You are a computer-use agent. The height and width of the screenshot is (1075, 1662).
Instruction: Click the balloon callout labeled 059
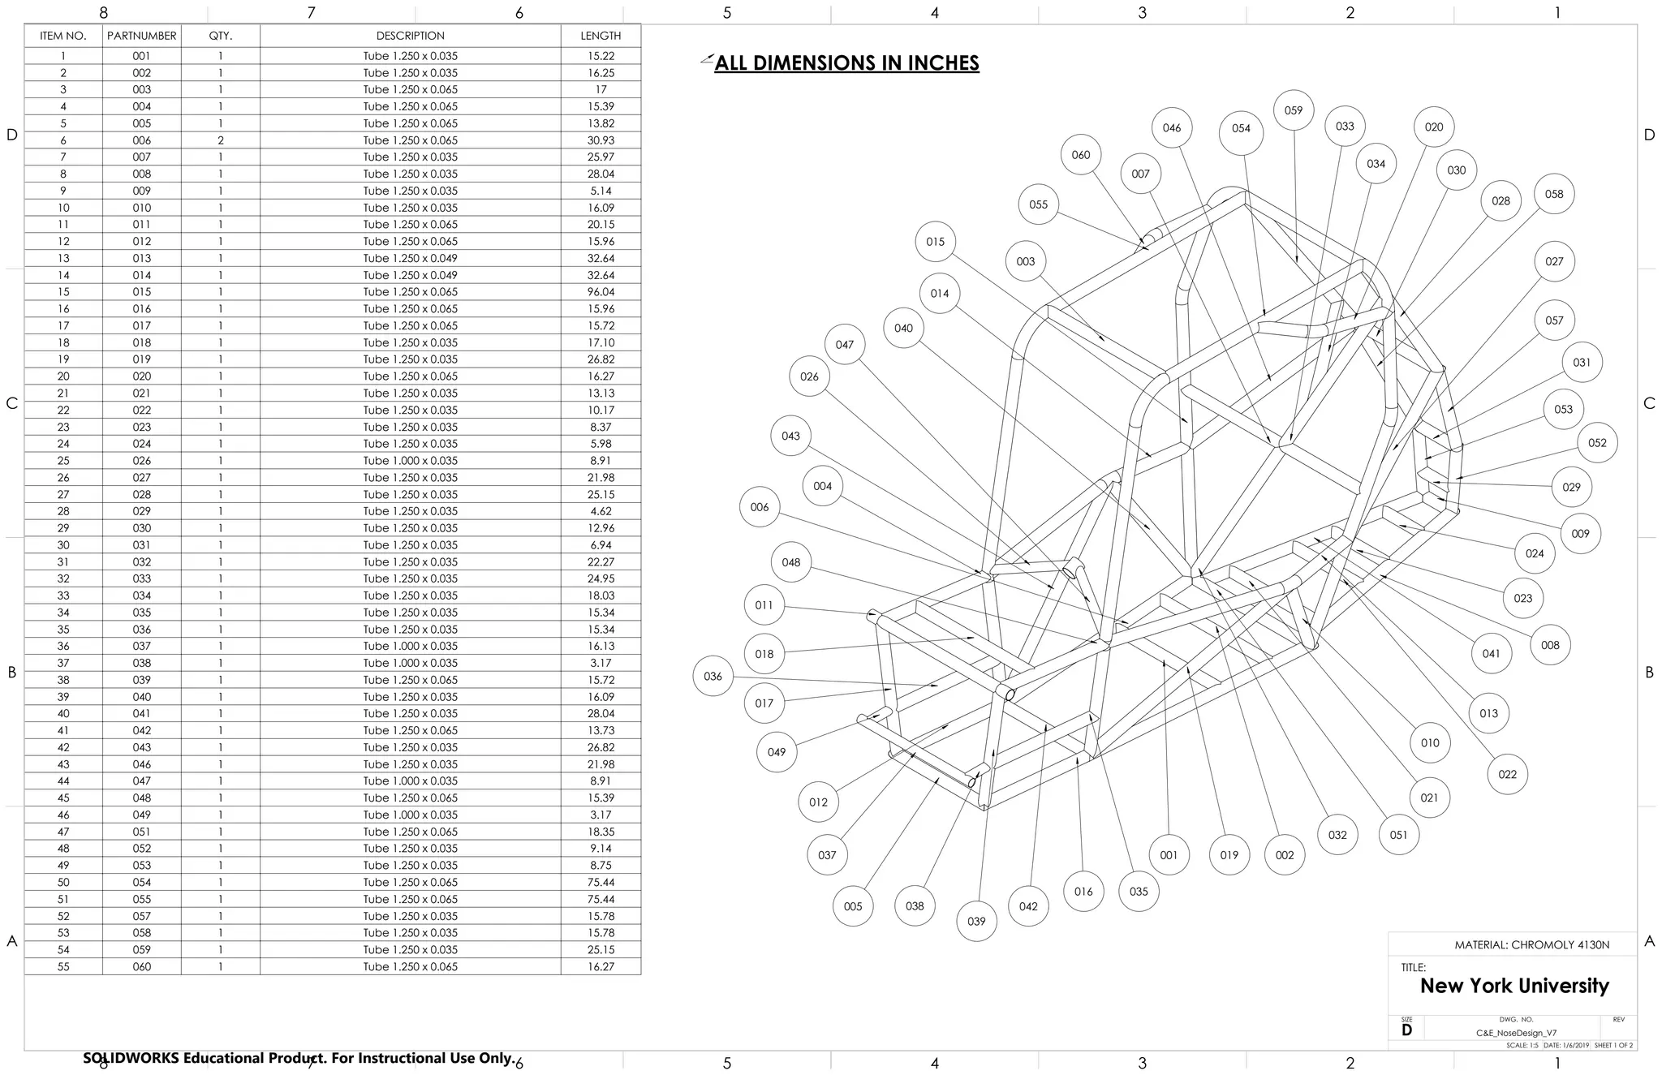pyautogui.click(x=1294, y=110)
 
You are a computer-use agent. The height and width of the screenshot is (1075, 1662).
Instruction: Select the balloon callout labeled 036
pyautogui.click(x=713, y=676)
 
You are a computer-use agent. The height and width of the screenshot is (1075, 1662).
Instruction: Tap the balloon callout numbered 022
pyautogui.click(x=1508, y=774)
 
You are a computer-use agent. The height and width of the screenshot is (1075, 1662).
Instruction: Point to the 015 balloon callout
pyautogui.click(x=936, y=241)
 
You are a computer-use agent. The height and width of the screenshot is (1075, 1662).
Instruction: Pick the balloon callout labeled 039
pyautogui.click(x=977, y=921)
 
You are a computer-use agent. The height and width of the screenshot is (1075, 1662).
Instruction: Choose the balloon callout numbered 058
pyautogui.click(x=1554, y=194)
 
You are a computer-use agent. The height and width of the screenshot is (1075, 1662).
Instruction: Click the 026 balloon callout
pyautogui.click(x=809, y=376)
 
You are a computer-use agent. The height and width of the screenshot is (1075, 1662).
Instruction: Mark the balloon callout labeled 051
pyautogui.click(x=1399, y=835)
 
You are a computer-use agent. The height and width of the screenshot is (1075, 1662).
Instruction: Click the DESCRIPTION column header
pyautogui.click(x=410, y=36)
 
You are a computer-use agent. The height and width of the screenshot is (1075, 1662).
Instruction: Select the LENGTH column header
pyautogui.click(x=601, y=36)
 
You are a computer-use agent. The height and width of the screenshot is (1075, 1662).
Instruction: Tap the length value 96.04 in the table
pyautogui.click(x=601, y=292)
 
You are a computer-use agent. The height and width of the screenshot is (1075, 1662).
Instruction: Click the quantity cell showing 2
pyautogui.click(x=221, y=140)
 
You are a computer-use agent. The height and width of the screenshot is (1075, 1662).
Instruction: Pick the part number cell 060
pyautogui.click(x=142, y=966)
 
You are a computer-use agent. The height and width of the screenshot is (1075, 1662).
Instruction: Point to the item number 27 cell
pyautogui.click(x=63, y=494)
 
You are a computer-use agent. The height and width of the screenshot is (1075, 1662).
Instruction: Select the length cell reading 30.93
pyautogui.click(x=601, y=140)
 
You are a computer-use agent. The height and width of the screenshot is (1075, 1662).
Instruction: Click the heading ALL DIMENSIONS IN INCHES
pyautogui.click(x=846, y=63)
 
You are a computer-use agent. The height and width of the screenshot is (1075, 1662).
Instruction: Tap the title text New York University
pyautogui.click(x=1514, y=986)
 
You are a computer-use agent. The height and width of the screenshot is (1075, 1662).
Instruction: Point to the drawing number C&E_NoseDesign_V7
pyautogui.click(x=1516, y=1033)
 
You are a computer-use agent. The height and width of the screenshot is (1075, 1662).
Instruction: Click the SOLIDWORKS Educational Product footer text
pyautogui.click(x=299, y=1058)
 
